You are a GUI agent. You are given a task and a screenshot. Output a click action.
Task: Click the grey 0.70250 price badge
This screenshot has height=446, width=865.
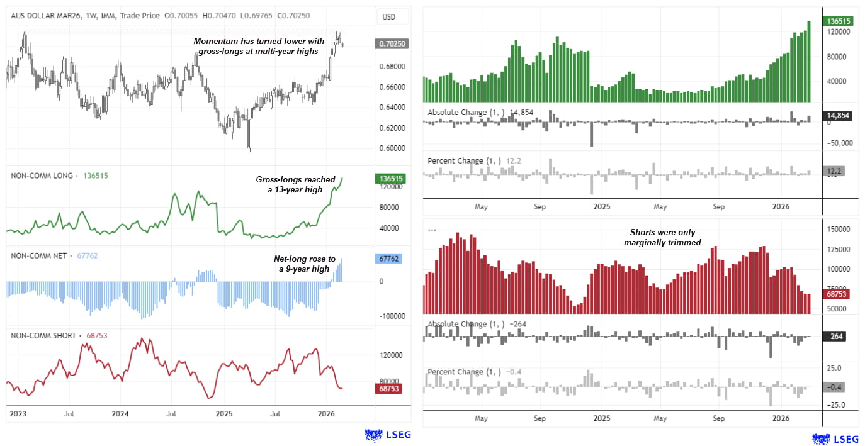[x=390, y=43]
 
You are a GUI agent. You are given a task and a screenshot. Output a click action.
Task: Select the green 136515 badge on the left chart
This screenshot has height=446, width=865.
[x=390, y=179]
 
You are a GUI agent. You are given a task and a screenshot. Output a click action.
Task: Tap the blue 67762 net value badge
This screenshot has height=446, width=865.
[x=390, y=259]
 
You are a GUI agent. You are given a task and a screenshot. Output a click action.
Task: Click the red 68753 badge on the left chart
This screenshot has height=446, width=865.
[x=390, y=389]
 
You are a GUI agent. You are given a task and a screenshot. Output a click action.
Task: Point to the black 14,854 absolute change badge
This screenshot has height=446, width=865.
[x=838, y=116]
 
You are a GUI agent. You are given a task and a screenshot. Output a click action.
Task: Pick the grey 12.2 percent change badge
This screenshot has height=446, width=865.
[x=835, y=171]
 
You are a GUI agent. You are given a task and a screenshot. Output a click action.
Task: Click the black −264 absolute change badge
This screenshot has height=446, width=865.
[x=835, y=336]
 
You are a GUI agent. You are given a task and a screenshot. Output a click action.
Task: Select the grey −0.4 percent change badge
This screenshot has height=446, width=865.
[x=835, y=387]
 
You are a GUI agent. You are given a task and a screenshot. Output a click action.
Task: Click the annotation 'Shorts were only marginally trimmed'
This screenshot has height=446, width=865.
[x=662, y=237]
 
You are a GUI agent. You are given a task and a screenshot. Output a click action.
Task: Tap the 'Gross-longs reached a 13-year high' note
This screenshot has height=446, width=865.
[x=295, y=184]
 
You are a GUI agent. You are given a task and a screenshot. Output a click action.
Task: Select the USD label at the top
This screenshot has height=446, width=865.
[x=388, y=17]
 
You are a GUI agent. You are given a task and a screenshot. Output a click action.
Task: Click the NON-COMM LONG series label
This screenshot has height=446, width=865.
[x=42, y=176]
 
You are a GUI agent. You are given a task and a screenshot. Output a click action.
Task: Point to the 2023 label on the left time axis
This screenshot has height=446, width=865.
[x=17, y=414]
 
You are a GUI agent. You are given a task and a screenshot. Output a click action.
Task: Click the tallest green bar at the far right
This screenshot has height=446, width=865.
[x=809, y=61]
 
